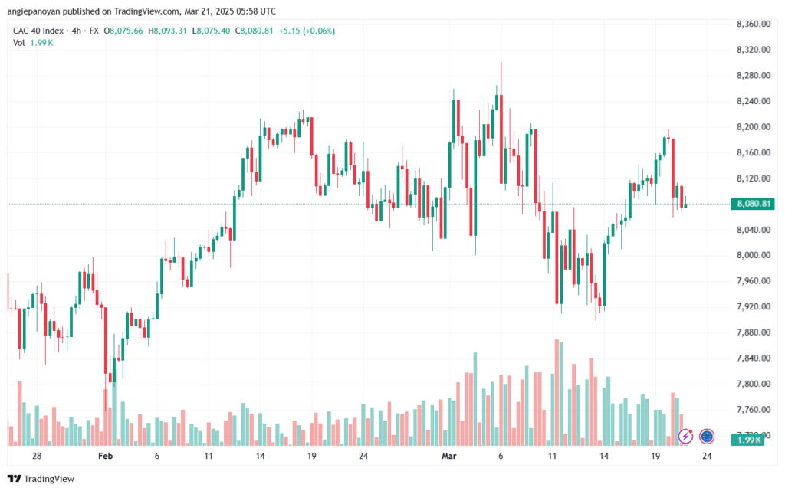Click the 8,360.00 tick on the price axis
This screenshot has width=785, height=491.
[752, 25]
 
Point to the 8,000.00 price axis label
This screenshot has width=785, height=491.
[752, 255]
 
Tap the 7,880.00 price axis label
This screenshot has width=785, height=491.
[752, 332]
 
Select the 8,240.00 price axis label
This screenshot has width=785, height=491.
[752, 101]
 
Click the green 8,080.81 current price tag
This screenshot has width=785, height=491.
[752, 204]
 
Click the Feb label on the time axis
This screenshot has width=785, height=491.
[106, 455]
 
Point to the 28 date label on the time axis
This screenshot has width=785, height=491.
[36, 455]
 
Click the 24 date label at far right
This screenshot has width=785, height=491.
[707, 455]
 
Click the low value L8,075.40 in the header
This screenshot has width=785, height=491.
[214, 31]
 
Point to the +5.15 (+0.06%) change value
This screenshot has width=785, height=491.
[308, 31]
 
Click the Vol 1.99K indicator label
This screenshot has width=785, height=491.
[33, 43]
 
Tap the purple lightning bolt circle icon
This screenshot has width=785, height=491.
[686, 437]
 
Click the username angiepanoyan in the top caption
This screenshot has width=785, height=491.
[36, 10]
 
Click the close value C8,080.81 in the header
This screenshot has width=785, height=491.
[255, 31]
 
